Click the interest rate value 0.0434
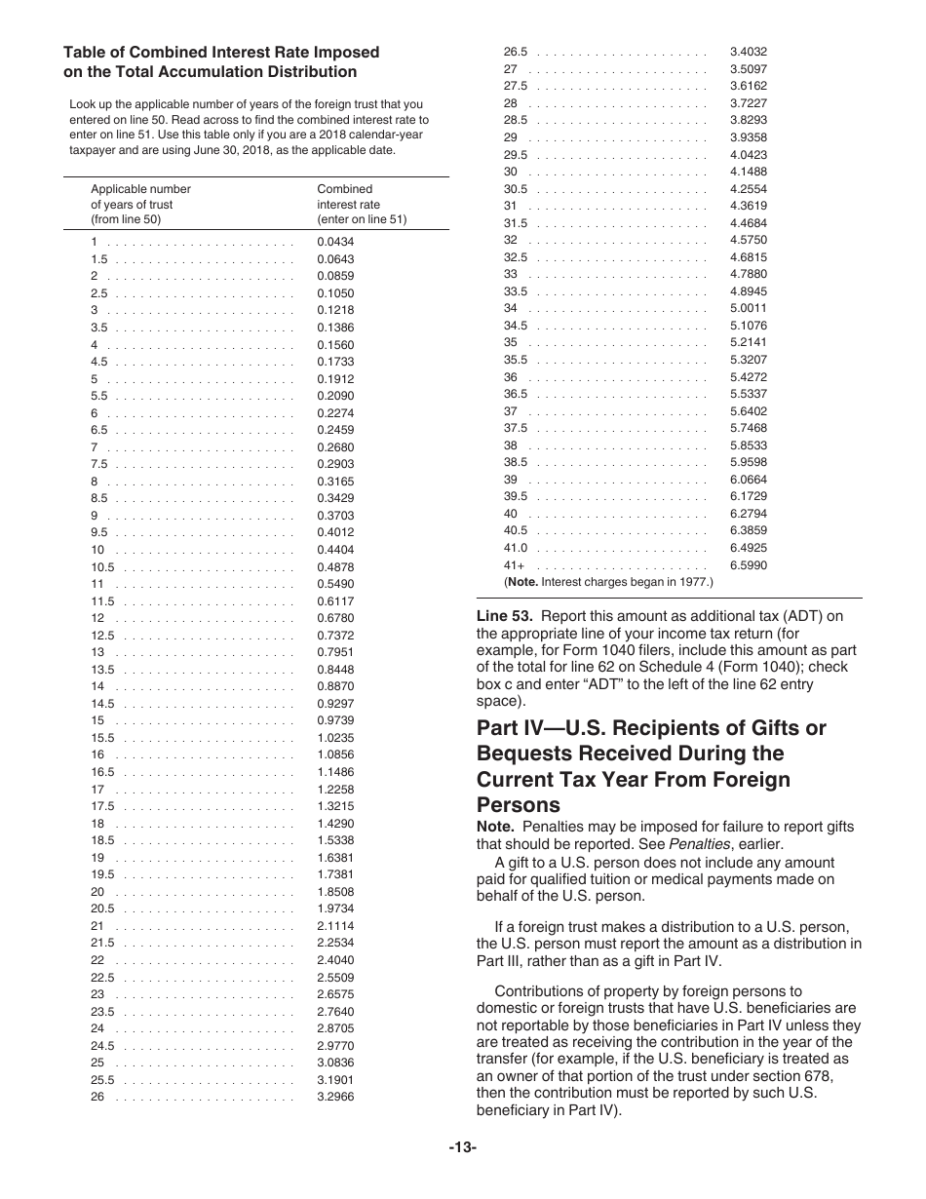[x=335, y=242]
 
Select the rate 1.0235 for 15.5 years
[x=335, y=738]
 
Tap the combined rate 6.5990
[x=748, y=565]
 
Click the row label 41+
[x=514, y=565]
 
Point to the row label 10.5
[x=102, y=567]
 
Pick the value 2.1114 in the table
[x=335, y=926]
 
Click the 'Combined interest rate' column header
[x=362, y=204]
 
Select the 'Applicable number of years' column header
[x=140, y=204]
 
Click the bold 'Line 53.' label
[x=504, y=615]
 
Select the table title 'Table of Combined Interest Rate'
[x=221, y=53]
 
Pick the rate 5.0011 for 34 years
[x=748, y=309]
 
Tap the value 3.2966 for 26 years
[x=335, y=1097]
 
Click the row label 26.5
[x=515, y=52]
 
